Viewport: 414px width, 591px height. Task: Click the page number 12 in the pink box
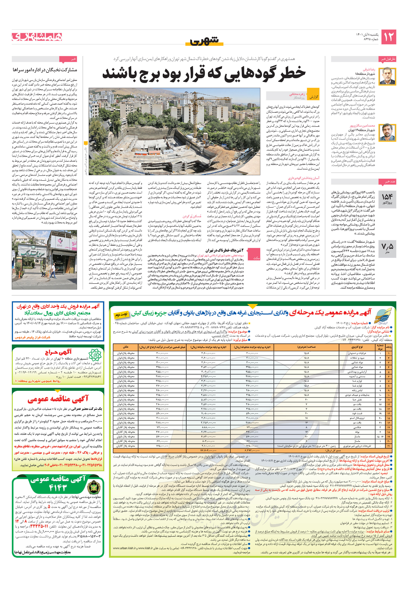click(x=388, y=37)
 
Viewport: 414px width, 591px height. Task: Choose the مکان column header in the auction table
click(x=126, y=347)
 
